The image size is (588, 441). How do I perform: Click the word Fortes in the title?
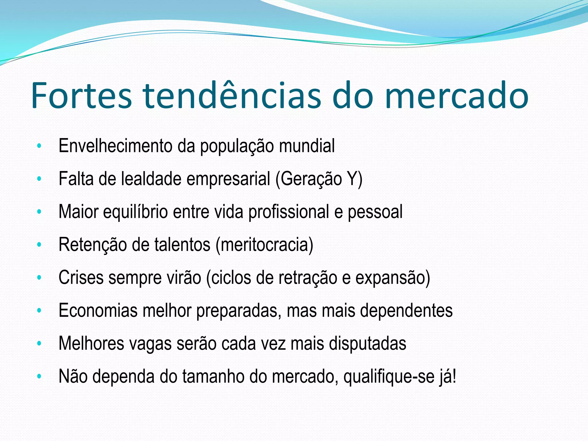82,96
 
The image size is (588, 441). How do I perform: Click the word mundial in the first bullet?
307,146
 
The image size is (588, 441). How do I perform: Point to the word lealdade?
151,179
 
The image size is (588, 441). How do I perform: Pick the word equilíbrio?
136,212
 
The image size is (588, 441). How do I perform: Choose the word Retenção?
92,245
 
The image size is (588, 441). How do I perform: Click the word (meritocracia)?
264,245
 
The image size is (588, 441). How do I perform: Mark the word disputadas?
367,344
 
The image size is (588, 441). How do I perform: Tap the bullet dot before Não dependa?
39,376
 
